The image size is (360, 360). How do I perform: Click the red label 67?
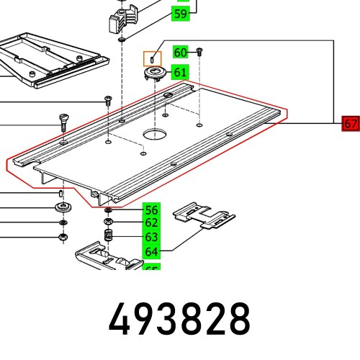tap(350, 124)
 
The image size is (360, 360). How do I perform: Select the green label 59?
tap(181, 14)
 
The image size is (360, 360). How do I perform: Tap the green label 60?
tap(181, 52)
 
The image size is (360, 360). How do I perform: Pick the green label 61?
tap(181, 72)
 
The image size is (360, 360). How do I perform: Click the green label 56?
tap(150, 210)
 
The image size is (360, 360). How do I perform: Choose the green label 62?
tap(150, 223)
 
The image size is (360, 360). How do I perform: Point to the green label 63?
tap(150, 237)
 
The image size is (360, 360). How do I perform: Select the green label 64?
tap(150, 251)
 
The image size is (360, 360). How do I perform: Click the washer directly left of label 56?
tap(108, 211)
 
